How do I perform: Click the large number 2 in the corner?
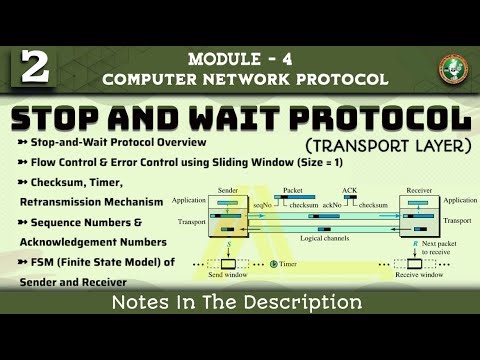pyautogui.click(x=33, y=67)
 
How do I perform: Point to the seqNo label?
pyautogui.click(x=262, y=204)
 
